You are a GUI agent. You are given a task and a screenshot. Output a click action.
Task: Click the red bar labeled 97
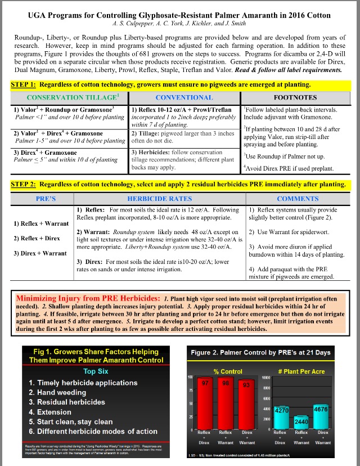[206, 402]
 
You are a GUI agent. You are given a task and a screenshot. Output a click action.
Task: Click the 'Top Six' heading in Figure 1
[96, 372]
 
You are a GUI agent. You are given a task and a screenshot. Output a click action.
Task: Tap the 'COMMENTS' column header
[298, 199]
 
